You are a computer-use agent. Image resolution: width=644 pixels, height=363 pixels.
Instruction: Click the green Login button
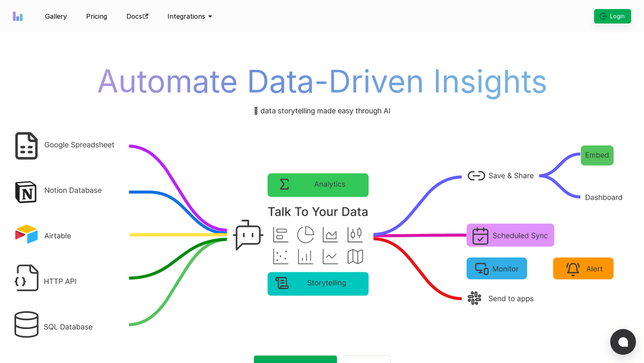612,16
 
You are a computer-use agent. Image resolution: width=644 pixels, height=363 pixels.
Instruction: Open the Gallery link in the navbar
55,16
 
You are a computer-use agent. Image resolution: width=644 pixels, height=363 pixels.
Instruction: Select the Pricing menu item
97,16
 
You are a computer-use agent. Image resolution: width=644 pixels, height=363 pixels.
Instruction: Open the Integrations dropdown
190,16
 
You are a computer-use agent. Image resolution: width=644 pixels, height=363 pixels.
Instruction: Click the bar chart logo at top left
18,16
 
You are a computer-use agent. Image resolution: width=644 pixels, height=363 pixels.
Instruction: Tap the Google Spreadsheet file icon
26,146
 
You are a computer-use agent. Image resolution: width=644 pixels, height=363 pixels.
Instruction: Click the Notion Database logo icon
26,192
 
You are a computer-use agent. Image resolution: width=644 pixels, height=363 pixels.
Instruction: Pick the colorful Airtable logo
26,234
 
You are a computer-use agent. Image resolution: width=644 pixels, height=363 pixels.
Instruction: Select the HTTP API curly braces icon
26,278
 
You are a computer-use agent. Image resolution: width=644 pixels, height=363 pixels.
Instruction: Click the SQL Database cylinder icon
26,325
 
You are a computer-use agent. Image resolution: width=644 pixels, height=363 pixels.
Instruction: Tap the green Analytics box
318,184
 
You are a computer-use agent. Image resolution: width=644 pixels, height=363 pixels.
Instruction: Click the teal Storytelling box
318,284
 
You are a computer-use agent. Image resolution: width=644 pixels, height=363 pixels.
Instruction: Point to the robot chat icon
248,235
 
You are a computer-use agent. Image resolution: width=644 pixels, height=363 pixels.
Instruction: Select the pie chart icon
305,235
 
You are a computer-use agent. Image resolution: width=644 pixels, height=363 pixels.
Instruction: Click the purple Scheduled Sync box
510,235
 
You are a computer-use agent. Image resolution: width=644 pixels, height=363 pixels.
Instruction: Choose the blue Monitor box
496,269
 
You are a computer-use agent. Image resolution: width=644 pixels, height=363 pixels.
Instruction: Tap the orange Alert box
583,269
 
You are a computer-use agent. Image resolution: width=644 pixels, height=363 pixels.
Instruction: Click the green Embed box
597,155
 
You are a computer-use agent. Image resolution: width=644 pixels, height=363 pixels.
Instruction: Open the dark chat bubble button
623,342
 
